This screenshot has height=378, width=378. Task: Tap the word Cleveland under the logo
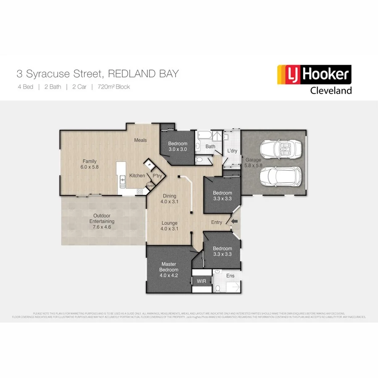[331, 90]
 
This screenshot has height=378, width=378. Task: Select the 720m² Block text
[113, 87]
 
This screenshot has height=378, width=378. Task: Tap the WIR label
[202, 281]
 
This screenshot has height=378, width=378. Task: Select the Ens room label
[230, 276]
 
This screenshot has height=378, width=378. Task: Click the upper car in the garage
[281, 149]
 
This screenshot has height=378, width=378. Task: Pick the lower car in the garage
[281, 176]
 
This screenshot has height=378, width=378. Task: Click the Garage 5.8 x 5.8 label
[254, 163]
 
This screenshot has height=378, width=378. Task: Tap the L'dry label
[232, 150]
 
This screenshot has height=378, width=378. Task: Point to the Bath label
[210, 147]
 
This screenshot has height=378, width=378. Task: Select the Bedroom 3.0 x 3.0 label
[178, 146]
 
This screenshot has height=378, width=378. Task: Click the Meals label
[140, 140]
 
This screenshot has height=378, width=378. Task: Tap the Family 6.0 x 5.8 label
[89, 164]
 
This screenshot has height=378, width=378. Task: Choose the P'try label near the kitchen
[157, 176]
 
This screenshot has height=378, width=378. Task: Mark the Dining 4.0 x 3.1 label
[170, 199]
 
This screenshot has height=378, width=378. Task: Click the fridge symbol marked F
[149, 165]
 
